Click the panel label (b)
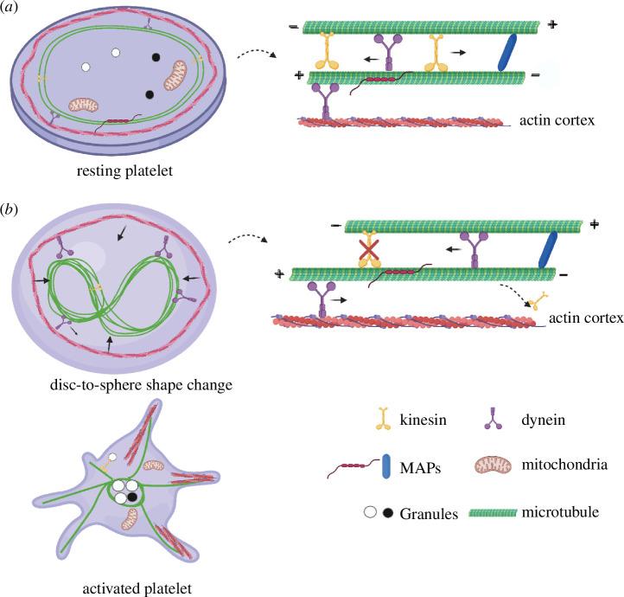click(x=13, y=211)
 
